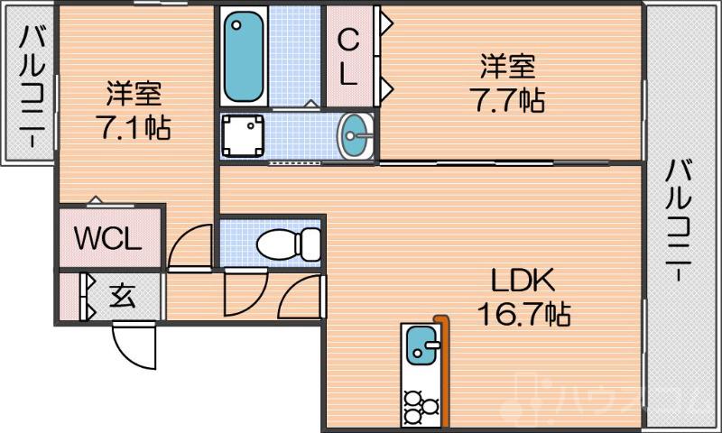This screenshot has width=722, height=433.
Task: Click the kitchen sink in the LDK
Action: (x=420, y=345)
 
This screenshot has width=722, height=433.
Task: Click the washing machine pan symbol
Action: (x=243, y=136)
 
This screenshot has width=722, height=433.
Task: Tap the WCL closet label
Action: (x=107, y=240)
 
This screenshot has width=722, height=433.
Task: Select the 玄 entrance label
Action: (x=123, y=296)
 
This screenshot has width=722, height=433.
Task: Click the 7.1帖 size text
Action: (x=134, y=125)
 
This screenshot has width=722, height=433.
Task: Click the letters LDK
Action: (x=521, y=280)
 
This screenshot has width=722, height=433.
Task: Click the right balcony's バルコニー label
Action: (x=680, y=222)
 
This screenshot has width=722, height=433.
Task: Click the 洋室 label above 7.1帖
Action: (x=134, y=93)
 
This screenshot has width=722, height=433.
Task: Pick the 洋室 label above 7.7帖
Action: (x=507, y=66)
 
